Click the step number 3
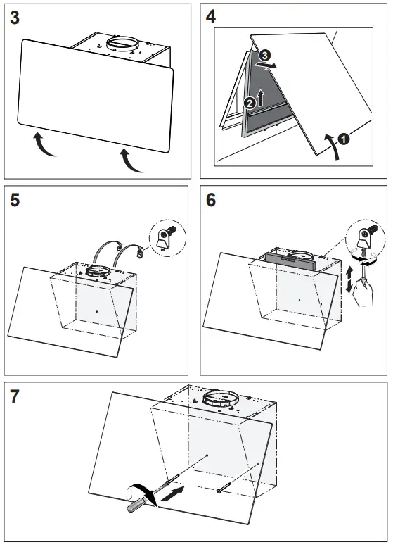pos(15,19)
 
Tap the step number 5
pos(15,201)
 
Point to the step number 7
pos(15,396)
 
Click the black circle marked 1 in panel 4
pos(342,139)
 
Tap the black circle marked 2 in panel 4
pos(249,103)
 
